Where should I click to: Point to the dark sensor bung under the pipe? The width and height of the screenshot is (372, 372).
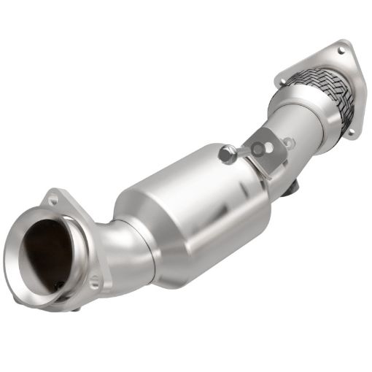tap(292, 188)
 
